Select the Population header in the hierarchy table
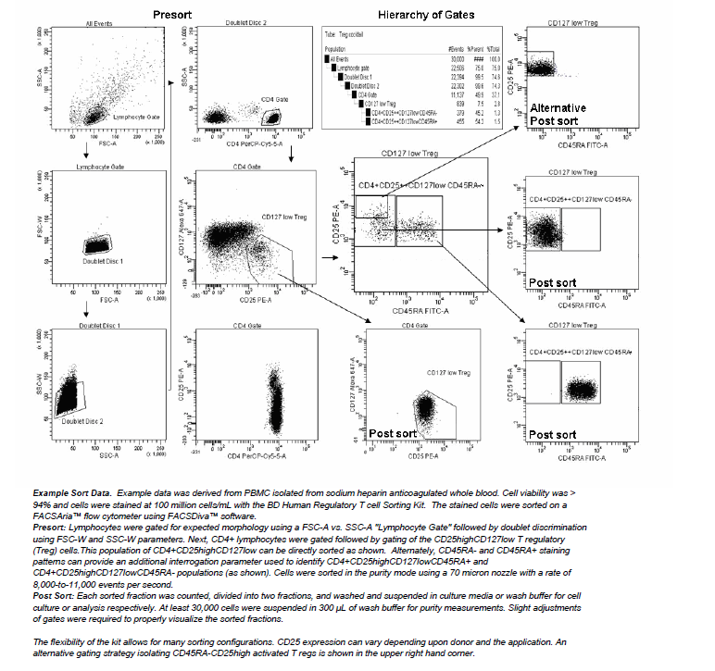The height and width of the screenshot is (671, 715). click(334, 47)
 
